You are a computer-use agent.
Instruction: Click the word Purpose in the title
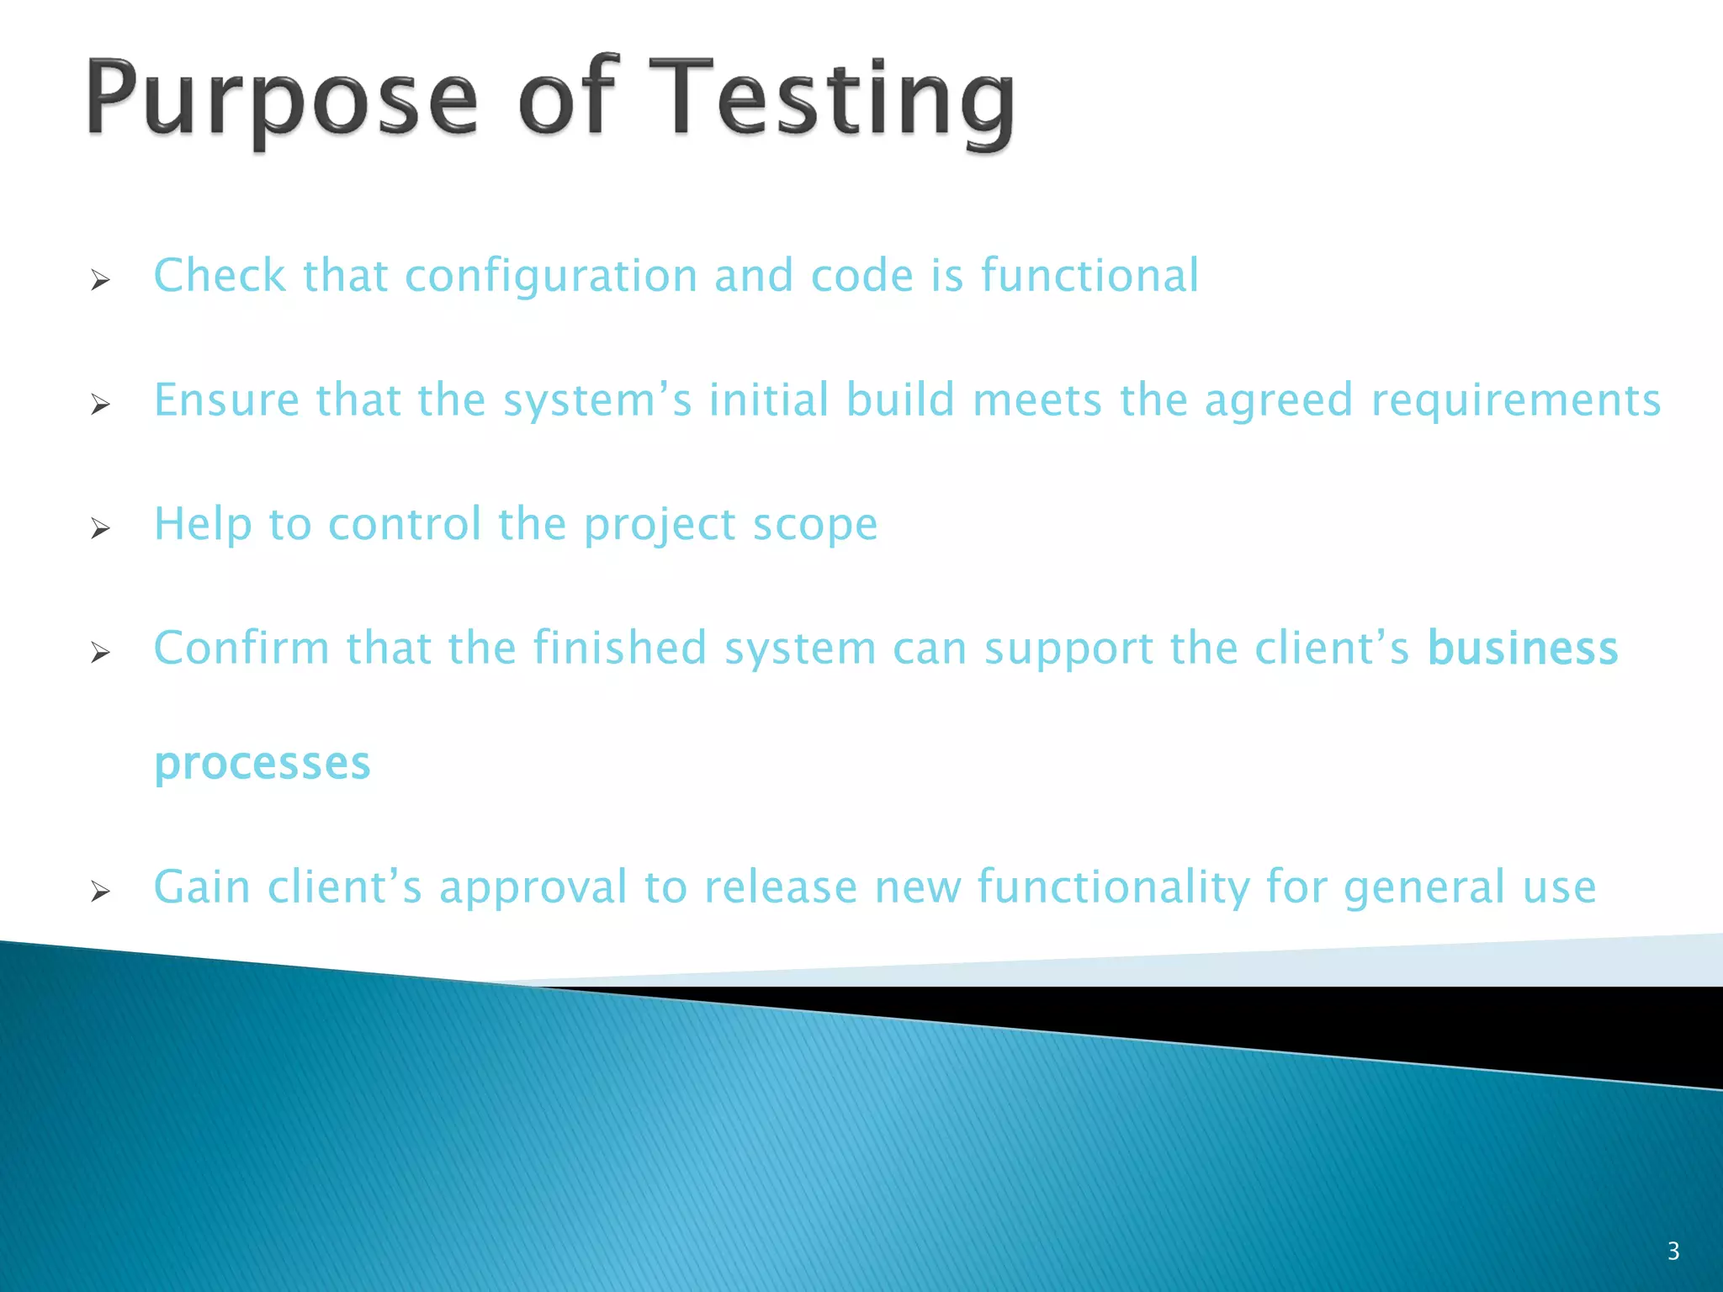pyautogui.click(x=283, y=99)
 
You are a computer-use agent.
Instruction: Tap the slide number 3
pyautogui.click(x=1673, y=1251)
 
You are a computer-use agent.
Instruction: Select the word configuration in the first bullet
pyautogui.click(x=551, y=277)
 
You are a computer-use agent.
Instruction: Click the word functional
pyautogui.click(x=1089, y=275)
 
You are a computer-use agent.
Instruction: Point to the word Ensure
pyautogui.click(x=226, y=400)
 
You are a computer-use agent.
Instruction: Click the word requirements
pyautogui.click(x=1516, y=401)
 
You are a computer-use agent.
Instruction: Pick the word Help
pyautogui.click(x=203, y=525)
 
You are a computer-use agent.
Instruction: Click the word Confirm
pyautogui.click(x=241, y=649)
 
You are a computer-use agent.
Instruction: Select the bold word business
pyautogui.click(x=1523, y=649)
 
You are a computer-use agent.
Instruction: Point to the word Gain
pyautogui.click(x=202, y=887)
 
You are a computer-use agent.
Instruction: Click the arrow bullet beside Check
pyautogui.click(x=100, y=280)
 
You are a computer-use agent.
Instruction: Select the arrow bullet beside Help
pyautogui.click(x=100, y=528)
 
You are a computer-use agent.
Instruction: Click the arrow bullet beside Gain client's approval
pyautogui.click(x=100, y=891)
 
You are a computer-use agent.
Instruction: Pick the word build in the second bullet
pyautogui.click(x=900, y=400)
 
